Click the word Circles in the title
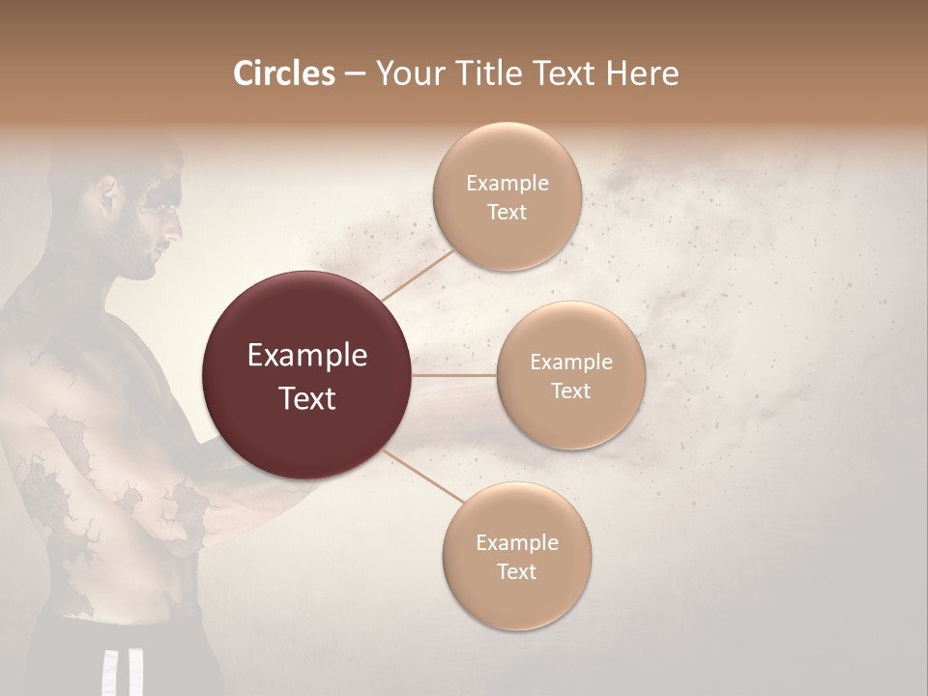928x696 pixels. pyautogui.click(x=283, y=73)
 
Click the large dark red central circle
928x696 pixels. pyautogui.click(x=306, y=375)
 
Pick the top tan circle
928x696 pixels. pyautogui.click(x=507, y=196)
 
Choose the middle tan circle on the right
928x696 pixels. pyautogui.click(x=570, y=375)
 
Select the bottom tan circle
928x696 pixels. pyautogui.click(x=516, y=557)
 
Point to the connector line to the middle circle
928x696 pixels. pyautogui.click(x=454, y=375)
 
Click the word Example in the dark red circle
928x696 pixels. pyautogui.click(x=306, y=356)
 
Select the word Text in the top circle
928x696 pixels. pyautogui.click(x=507, y=212)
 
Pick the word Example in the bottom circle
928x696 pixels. pyautogui.click(x=516, y=542)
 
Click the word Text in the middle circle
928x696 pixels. pyautogui.click(x=570, y=391)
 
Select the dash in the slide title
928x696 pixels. pyautogui.click(x=354, y=74)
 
